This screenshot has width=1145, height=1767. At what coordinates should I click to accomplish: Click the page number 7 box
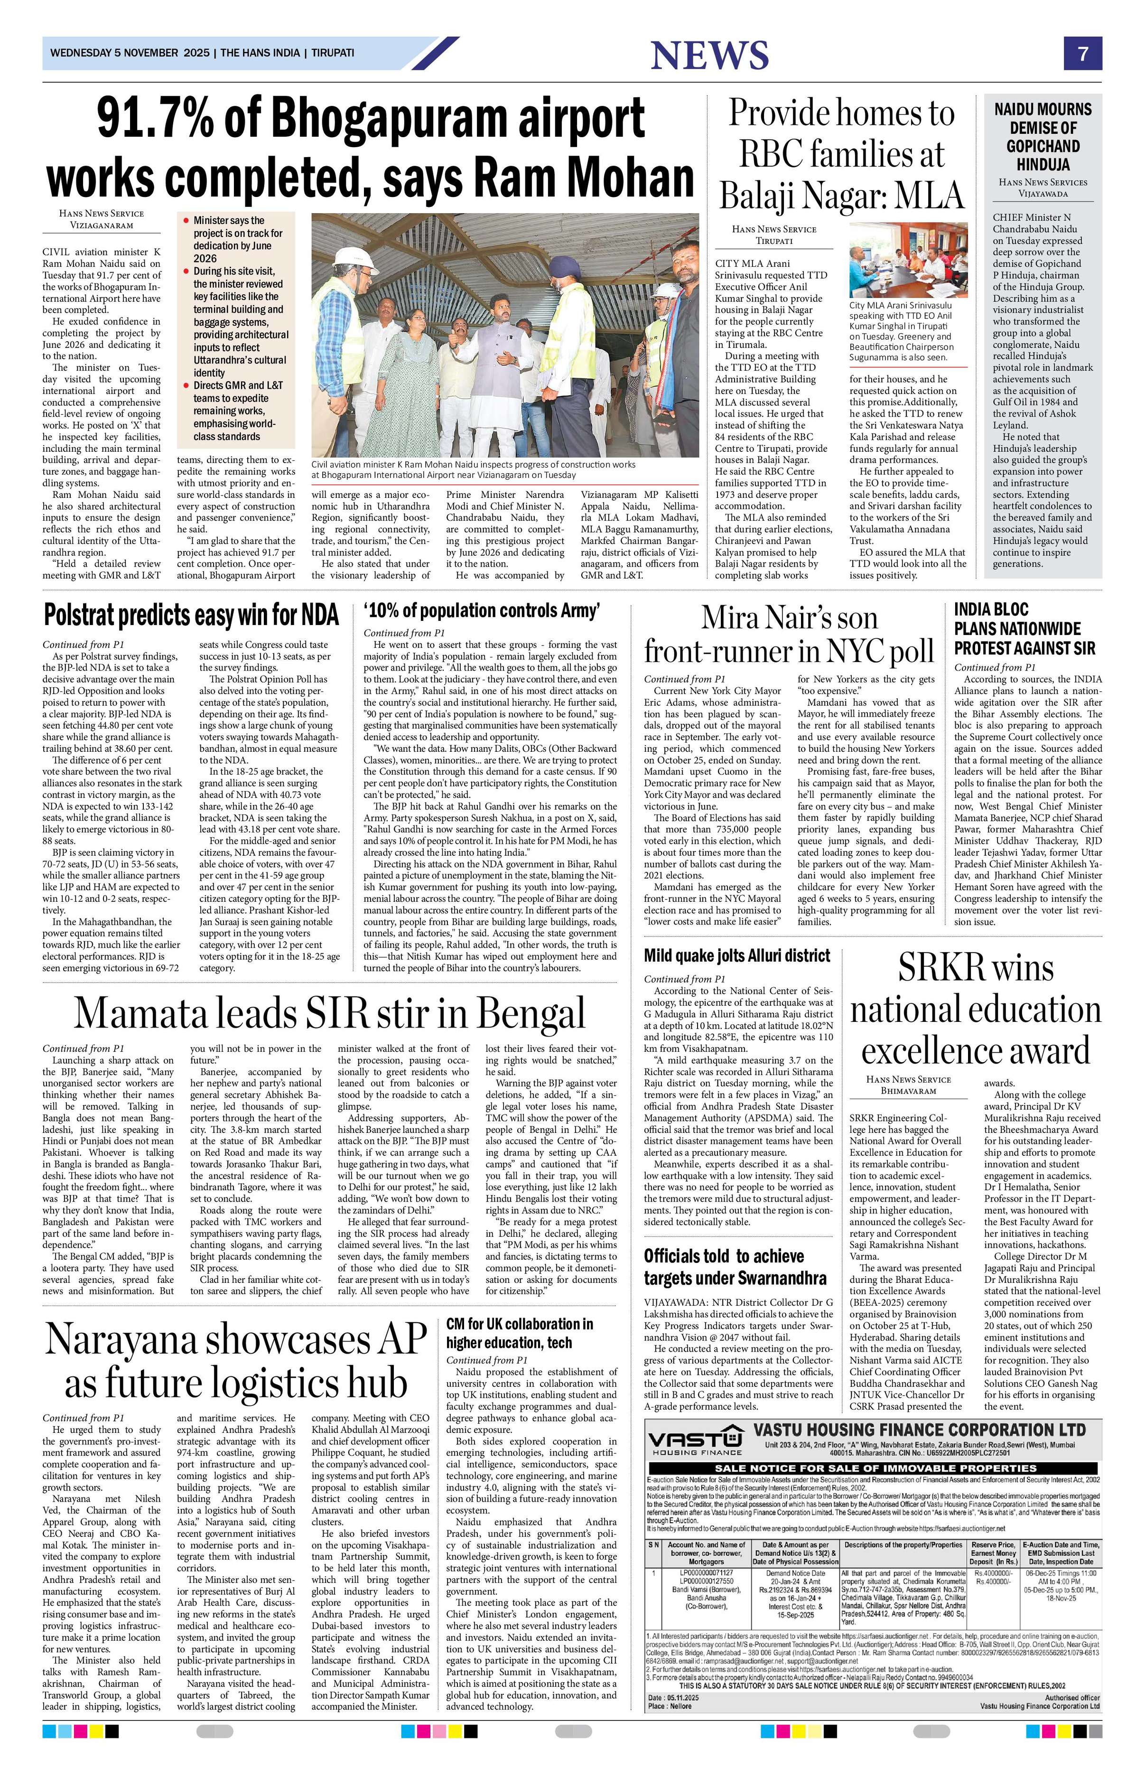click(x=1083, y=54)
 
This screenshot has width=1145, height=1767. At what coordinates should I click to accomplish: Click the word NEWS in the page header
click(x=708, y=56)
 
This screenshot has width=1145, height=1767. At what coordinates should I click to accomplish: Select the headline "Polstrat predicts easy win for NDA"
click(x=191, y=616)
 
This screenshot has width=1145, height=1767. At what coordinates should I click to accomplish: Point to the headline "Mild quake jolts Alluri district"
click(x=737, y=955)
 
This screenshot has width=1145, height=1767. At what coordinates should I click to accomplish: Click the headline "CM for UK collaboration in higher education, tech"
click(x=520, y=1333)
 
